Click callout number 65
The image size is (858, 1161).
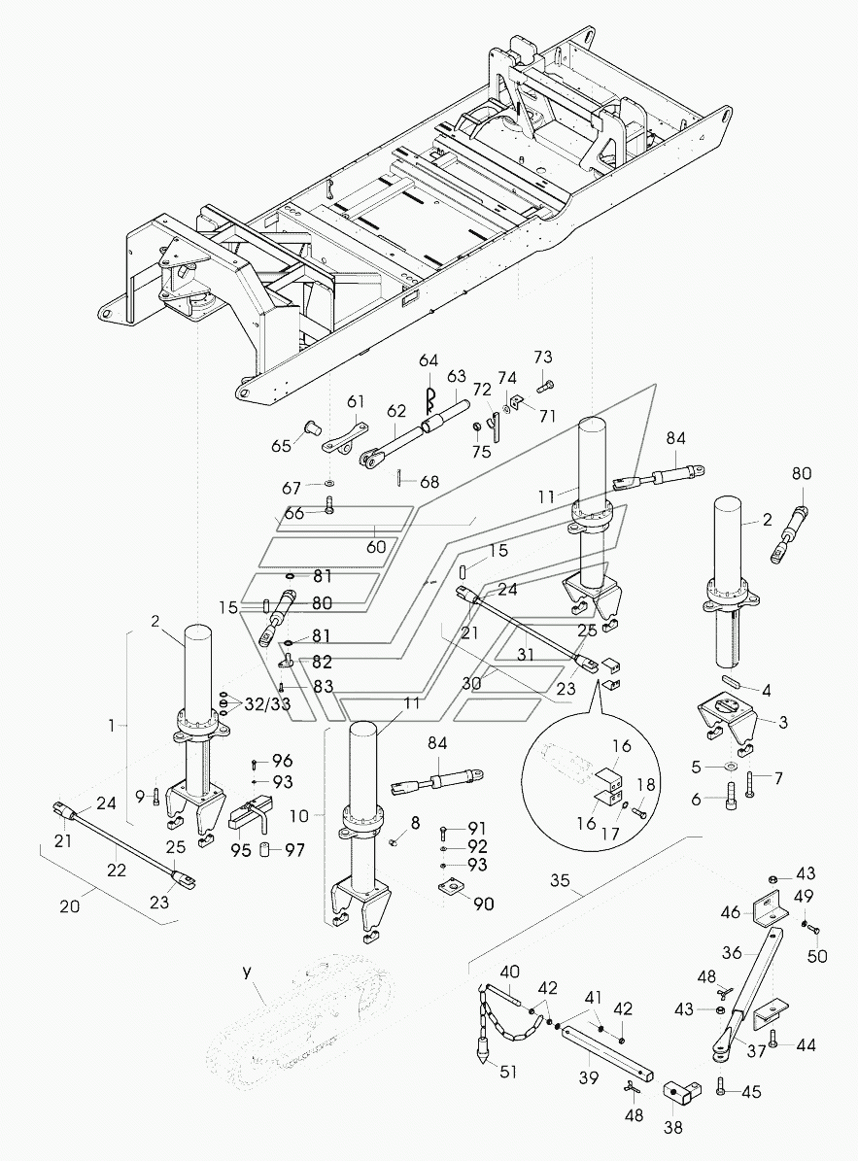[x=282, y=447]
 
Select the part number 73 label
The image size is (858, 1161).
[x=542, y=357]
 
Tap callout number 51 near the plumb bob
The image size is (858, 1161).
[x=508, y=1072]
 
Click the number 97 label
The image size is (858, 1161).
[x=294, y=850]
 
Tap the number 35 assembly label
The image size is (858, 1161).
[x=561, y=881]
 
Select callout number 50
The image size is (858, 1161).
[x=817, y=956]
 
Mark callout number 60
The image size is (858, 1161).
[x=376, y=547]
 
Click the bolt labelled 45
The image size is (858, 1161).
[x=722, y=1088]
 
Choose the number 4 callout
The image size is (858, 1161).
[x=767, y=691]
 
